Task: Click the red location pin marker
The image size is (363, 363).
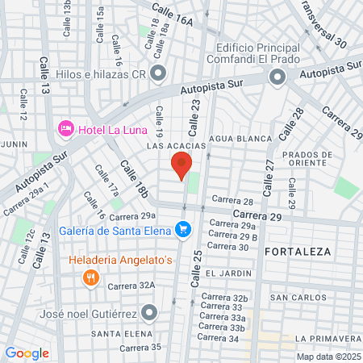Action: click(181, 165)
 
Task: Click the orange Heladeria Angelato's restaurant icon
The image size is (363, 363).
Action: click(91, 278)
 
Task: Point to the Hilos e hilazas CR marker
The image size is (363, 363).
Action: click(158, 74)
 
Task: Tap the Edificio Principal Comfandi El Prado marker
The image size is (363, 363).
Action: click(277, 77)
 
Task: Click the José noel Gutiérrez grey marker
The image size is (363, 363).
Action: click(148, 312)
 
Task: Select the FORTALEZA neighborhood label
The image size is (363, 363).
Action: click(297, 252)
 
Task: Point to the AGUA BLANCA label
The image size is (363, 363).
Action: click(240, 139)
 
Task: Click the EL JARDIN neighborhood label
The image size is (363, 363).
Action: click(223, 273)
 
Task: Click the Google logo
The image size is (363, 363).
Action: click(27, 353)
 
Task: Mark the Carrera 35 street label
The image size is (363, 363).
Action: click(140, 348)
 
